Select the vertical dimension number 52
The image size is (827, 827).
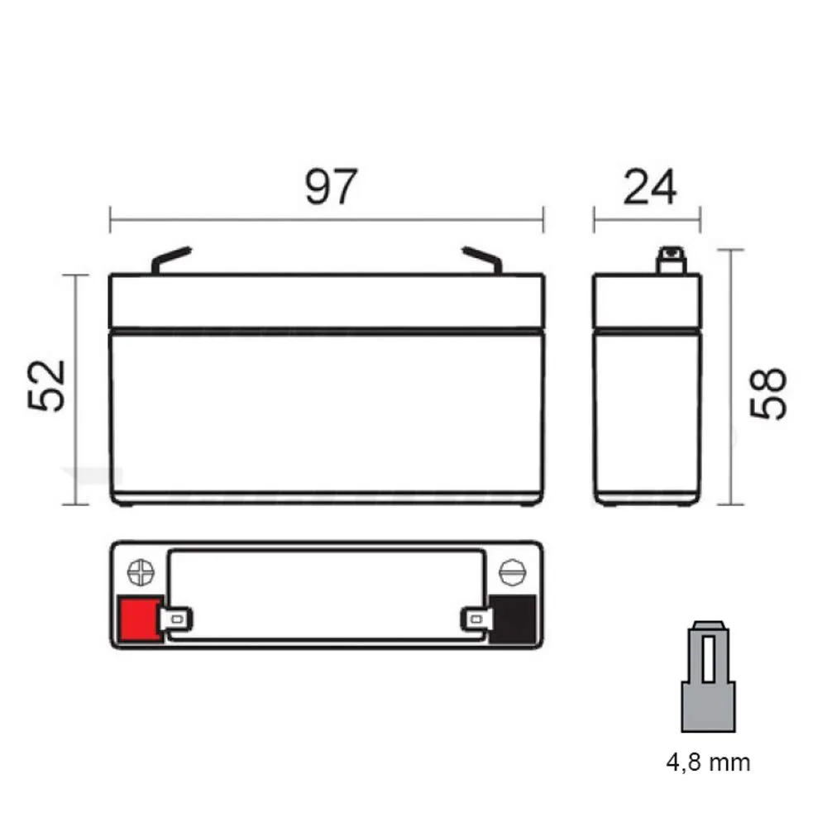pyautogui.click(x=47, y=385)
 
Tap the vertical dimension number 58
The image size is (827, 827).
pyautogui.click(x=767, y=394)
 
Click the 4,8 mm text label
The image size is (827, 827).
pyautogui.click(x=709, y=762)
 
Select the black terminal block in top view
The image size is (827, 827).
pyautogui.click(x=513, y=619)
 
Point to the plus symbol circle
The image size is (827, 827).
pyautogui.click(x=141, y=572)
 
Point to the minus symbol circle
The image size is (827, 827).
pyautogui.click(x=511, y=572)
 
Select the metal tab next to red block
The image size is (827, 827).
pyautogui.click(x=177, y=618)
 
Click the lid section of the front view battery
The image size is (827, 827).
pyautogui.click(x=327, y=301)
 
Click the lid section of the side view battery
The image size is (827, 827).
pyautogui.click(x=648, y=301)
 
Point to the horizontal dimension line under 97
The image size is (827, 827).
pyautogui.click(x=327, y=220)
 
